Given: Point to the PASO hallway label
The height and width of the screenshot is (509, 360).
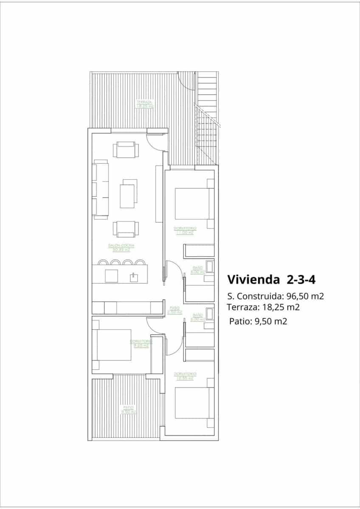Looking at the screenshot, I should (x=174, y=310).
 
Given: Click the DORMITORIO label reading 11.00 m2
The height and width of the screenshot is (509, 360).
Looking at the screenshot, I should (x=184, y=231).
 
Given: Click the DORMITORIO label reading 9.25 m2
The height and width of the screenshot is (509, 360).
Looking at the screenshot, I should (x=141, y=343).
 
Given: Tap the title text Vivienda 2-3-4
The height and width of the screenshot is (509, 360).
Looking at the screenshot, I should (x=270, y=280).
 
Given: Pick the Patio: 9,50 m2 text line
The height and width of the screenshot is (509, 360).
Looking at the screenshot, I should (x=258, y=321).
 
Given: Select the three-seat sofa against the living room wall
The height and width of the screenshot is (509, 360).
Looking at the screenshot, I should (x=100, y=190).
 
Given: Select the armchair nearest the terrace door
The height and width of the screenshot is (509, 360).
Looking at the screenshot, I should (x=125, y=150).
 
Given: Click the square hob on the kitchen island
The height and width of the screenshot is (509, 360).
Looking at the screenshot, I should (x=112, y=276).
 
